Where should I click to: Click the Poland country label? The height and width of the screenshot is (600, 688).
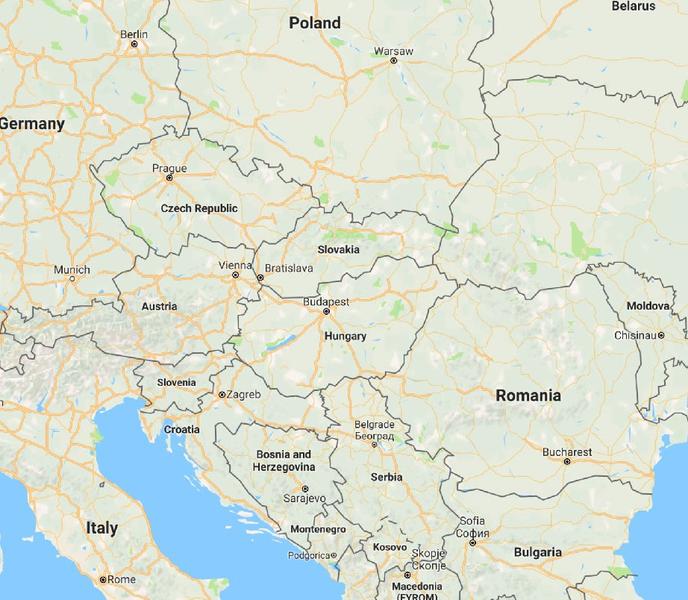(314, 23)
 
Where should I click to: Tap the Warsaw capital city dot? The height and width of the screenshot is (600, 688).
(393, 60)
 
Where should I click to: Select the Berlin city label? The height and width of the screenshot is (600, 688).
(133, 34)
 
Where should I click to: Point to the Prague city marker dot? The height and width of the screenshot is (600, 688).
(169, 178)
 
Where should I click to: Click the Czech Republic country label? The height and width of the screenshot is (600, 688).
(199, 208)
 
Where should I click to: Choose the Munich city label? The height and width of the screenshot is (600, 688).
(71, 270)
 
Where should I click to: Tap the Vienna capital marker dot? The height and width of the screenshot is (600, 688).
(235, 275)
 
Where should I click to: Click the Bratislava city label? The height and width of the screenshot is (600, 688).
(289, 268)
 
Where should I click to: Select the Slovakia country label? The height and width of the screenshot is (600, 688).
(338, 250)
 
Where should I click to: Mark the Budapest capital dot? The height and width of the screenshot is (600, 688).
(326, 311)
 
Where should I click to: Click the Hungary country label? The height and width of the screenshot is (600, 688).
(345, 337)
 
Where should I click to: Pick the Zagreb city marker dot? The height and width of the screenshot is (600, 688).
(221, 395)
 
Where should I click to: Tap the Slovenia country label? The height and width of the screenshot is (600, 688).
(177, 382)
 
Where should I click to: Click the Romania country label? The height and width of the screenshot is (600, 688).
(528, 395)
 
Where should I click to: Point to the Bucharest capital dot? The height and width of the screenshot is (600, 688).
(566, 462)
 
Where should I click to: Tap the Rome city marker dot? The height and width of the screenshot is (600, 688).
(102, 580)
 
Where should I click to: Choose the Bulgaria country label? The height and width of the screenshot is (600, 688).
(537, 552)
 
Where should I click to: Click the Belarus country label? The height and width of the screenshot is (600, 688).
(633, 6)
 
